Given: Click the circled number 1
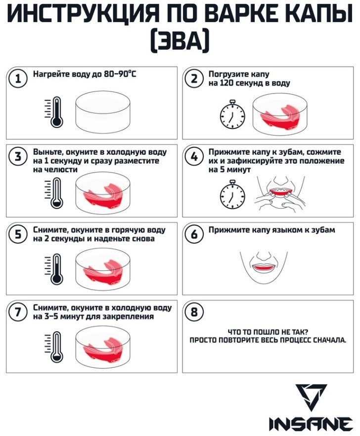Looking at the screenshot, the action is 18,79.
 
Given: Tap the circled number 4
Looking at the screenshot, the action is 194,157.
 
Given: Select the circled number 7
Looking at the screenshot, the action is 18,312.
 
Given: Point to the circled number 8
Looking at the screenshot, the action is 194,312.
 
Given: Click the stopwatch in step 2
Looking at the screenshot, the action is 232,115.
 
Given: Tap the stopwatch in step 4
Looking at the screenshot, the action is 232,195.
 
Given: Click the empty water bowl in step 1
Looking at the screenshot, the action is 103,112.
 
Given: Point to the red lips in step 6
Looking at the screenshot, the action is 264,267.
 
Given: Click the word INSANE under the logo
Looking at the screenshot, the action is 311,424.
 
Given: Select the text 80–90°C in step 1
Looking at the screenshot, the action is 120,74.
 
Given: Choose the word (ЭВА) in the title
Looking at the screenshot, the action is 180,42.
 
